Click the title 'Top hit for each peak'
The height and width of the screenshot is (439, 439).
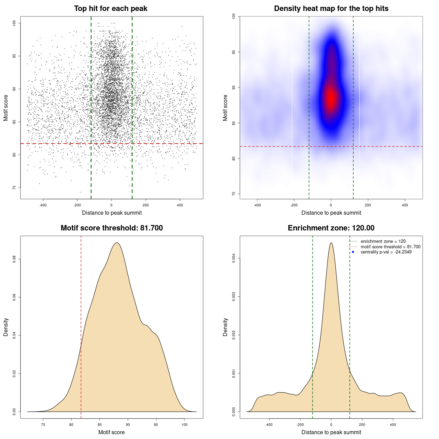pos(110,9)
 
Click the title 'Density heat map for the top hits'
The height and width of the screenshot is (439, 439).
pos(331,9)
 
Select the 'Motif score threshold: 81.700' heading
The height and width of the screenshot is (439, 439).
pos(111,228)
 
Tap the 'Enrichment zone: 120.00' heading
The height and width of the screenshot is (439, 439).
pos(331,228)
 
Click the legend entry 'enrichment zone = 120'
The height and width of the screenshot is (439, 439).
pos(383,241)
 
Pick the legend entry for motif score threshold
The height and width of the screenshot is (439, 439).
pos(390,247)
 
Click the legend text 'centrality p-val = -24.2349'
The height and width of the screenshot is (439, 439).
pos(386,252)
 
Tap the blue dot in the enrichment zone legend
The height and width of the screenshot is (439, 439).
pos(353,252)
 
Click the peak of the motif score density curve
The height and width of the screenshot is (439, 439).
pos(117,243)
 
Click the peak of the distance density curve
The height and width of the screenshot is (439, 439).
pos(331,243)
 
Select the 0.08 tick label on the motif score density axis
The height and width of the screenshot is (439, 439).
pos(14,259)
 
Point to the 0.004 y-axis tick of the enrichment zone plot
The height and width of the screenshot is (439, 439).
pos(234,258)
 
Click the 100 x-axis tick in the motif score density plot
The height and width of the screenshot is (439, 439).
pos(185,425)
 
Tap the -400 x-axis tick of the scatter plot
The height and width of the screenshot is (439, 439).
pos(43,205)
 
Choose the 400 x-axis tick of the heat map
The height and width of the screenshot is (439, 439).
pos(405,205)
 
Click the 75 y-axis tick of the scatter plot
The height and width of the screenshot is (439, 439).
pos(14,188)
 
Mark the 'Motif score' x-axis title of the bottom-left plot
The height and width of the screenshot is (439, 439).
pos(111,432)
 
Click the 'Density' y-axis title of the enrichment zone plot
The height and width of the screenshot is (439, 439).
pos(225,327)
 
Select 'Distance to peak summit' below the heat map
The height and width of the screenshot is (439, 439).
pos(331,213)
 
